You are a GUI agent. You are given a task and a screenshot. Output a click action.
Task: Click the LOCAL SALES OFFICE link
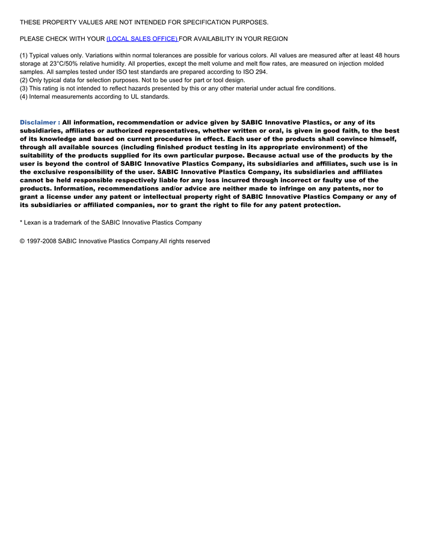(142, 39)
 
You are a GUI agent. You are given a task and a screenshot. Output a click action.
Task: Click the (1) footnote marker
(24, 55)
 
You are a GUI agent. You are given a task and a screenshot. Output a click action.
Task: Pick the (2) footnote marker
(24, 80)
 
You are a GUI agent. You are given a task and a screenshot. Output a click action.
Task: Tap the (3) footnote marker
(24, 89)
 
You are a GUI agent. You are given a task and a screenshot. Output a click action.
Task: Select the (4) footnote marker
(24, 96)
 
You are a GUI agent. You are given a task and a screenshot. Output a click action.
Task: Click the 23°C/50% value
(62, 64)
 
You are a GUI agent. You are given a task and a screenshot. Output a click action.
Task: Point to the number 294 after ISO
(261, 72)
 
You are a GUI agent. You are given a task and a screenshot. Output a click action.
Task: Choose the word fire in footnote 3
(293, 89)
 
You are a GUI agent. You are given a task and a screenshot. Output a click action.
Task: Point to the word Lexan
(33, 223)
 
